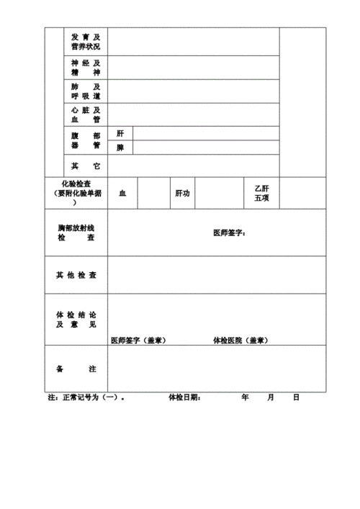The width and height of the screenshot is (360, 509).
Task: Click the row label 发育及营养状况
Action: [86, 42]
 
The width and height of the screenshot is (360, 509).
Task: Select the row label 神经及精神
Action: [86, 68]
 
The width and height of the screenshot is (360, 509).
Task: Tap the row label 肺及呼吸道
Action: [86, 91]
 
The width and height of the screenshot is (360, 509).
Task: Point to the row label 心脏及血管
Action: [86, 114]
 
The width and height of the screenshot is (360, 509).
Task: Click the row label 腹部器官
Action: [86, 140]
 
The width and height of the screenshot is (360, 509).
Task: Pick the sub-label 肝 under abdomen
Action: [120, 133]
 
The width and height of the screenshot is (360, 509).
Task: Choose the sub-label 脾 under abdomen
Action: [120, 148]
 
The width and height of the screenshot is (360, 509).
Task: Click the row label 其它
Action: [86, 166]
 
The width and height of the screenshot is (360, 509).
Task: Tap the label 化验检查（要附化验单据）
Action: [76, 193]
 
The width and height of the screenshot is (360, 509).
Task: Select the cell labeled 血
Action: [122, 193]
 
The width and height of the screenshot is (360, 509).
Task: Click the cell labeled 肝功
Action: [182, 193]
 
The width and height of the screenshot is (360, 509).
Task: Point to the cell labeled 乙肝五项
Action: [261, 193]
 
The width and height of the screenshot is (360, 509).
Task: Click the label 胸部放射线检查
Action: [76, 233]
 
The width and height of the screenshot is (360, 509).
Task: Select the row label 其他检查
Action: [76, 275]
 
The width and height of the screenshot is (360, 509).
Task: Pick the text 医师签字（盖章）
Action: [138, 340]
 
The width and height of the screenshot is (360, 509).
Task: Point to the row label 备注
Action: [76, 369]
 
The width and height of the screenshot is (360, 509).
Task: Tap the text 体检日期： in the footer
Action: [184, 397]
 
